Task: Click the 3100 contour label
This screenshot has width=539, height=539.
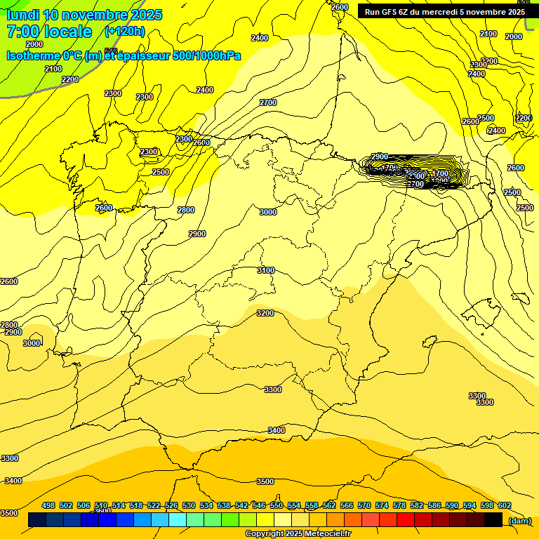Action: click(265, 270)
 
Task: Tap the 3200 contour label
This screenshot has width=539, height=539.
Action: click(265, 313)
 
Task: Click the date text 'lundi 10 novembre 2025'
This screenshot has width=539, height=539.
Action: click(84, 15)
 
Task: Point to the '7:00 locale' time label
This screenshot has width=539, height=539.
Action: click(49, 32)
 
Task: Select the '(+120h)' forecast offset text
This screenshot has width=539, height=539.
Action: click(125, 31)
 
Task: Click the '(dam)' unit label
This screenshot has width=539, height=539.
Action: click(519, 520)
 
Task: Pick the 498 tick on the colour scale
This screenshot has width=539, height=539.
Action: click(48, 505)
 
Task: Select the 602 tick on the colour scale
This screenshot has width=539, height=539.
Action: click(505, 505)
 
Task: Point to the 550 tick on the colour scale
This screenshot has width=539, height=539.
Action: click(277, 505)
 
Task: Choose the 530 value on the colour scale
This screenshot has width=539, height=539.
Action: click(189, 505)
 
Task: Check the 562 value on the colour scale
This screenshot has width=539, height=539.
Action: click(329, 505)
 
